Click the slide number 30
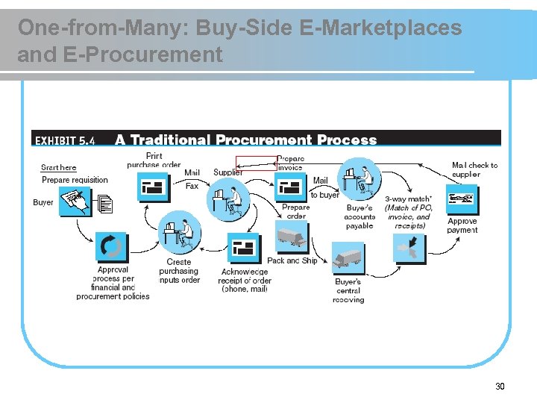pyautogui.click(x=500, y=386)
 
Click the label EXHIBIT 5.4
pyautogui.click(x=66, y=140)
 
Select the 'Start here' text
pyautogui.click(x=59, y=168)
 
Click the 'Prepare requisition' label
pyautogui.click(x=75, y=180)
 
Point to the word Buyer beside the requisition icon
pyautogui.click(x=43, y=202)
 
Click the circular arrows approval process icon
pyautogui.click(x=111, y=246)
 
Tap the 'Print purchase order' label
pyautogui.click(x=154, y=160)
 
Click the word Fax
pyautogui.click(x=192, y=186)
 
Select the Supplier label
pyautogui.click(x=227, y=172)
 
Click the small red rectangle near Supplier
pyautogui.click(x=256, y=163)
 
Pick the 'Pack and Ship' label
pyautogui.click(x=292, y=260)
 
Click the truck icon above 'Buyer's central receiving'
pyautogui.click(x=348, y=257)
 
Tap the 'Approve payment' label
pyautogui.click(x=462, y=225)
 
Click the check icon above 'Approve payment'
pyautogui.click(x=462, y=200)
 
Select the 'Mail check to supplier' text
pyautogui.click(x=474, y=169)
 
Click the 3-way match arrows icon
pyautogui.click(x=409, y=247)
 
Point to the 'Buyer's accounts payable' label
pyautogui.click(x=360, y=216)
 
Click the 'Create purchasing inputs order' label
pyautogui.click(x=179, y=271)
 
